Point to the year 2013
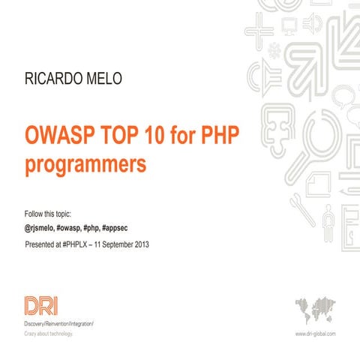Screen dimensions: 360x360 coord(149,244)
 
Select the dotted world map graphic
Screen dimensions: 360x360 coord(316,307)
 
